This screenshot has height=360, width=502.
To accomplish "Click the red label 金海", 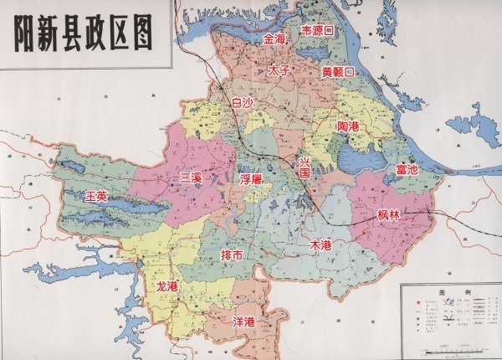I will [x=274, y=39].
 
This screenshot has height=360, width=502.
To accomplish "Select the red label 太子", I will [x=279, y=71].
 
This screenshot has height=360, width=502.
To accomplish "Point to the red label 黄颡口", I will [x=338, y=72].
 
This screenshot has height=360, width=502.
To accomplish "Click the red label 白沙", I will [x=241, y=102].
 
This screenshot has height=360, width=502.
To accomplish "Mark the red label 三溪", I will [x=192, y=177].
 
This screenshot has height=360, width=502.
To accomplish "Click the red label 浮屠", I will [x=251, y=179].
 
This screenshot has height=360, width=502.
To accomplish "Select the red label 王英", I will [x=97, y=196].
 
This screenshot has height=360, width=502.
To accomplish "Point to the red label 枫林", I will [x=389, y=215].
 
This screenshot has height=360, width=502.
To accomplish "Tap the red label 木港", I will [x=320, y=245].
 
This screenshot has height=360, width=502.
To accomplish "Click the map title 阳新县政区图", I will [x=84, y=35].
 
